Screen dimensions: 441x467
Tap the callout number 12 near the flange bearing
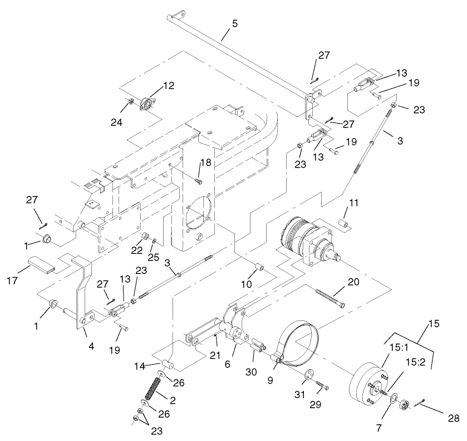click(168, 86)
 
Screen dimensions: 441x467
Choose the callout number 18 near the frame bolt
click(205, 163)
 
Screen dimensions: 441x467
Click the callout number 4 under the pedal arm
click(91, 347)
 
